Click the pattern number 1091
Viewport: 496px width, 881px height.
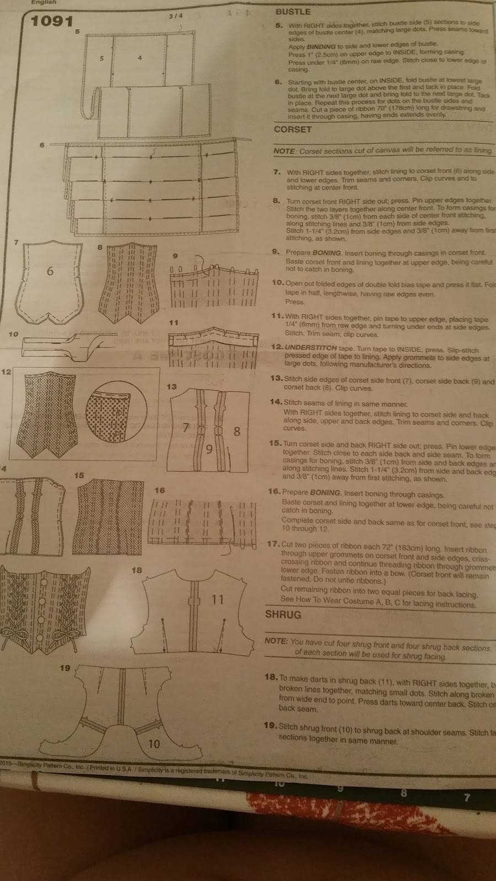[52, 21]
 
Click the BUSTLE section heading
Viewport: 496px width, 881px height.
[293, 12]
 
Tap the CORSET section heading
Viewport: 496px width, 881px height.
[293, 129]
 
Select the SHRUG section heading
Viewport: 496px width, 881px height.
[283, 614]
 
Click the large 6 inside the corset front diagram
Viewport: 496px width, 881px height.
[50, 271]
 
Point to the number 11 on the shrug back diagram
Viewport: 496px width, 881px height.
[218, 599]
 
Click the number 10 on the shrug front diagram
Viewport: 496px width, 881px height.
[154, 744]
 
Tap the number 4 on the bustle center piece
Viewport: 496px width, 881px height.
[140, 58]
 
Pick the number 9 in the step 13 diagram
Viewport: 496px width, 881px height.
[209, 449]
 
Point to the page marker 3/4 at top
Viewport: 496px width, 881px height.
[175, 16]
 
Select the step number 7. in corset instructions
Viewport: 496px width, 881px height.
[277, 172]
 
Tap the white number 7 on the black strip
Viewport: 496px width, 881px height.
[467, 797]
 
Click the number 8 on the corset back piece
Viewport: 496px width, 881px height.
[237, 431]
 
